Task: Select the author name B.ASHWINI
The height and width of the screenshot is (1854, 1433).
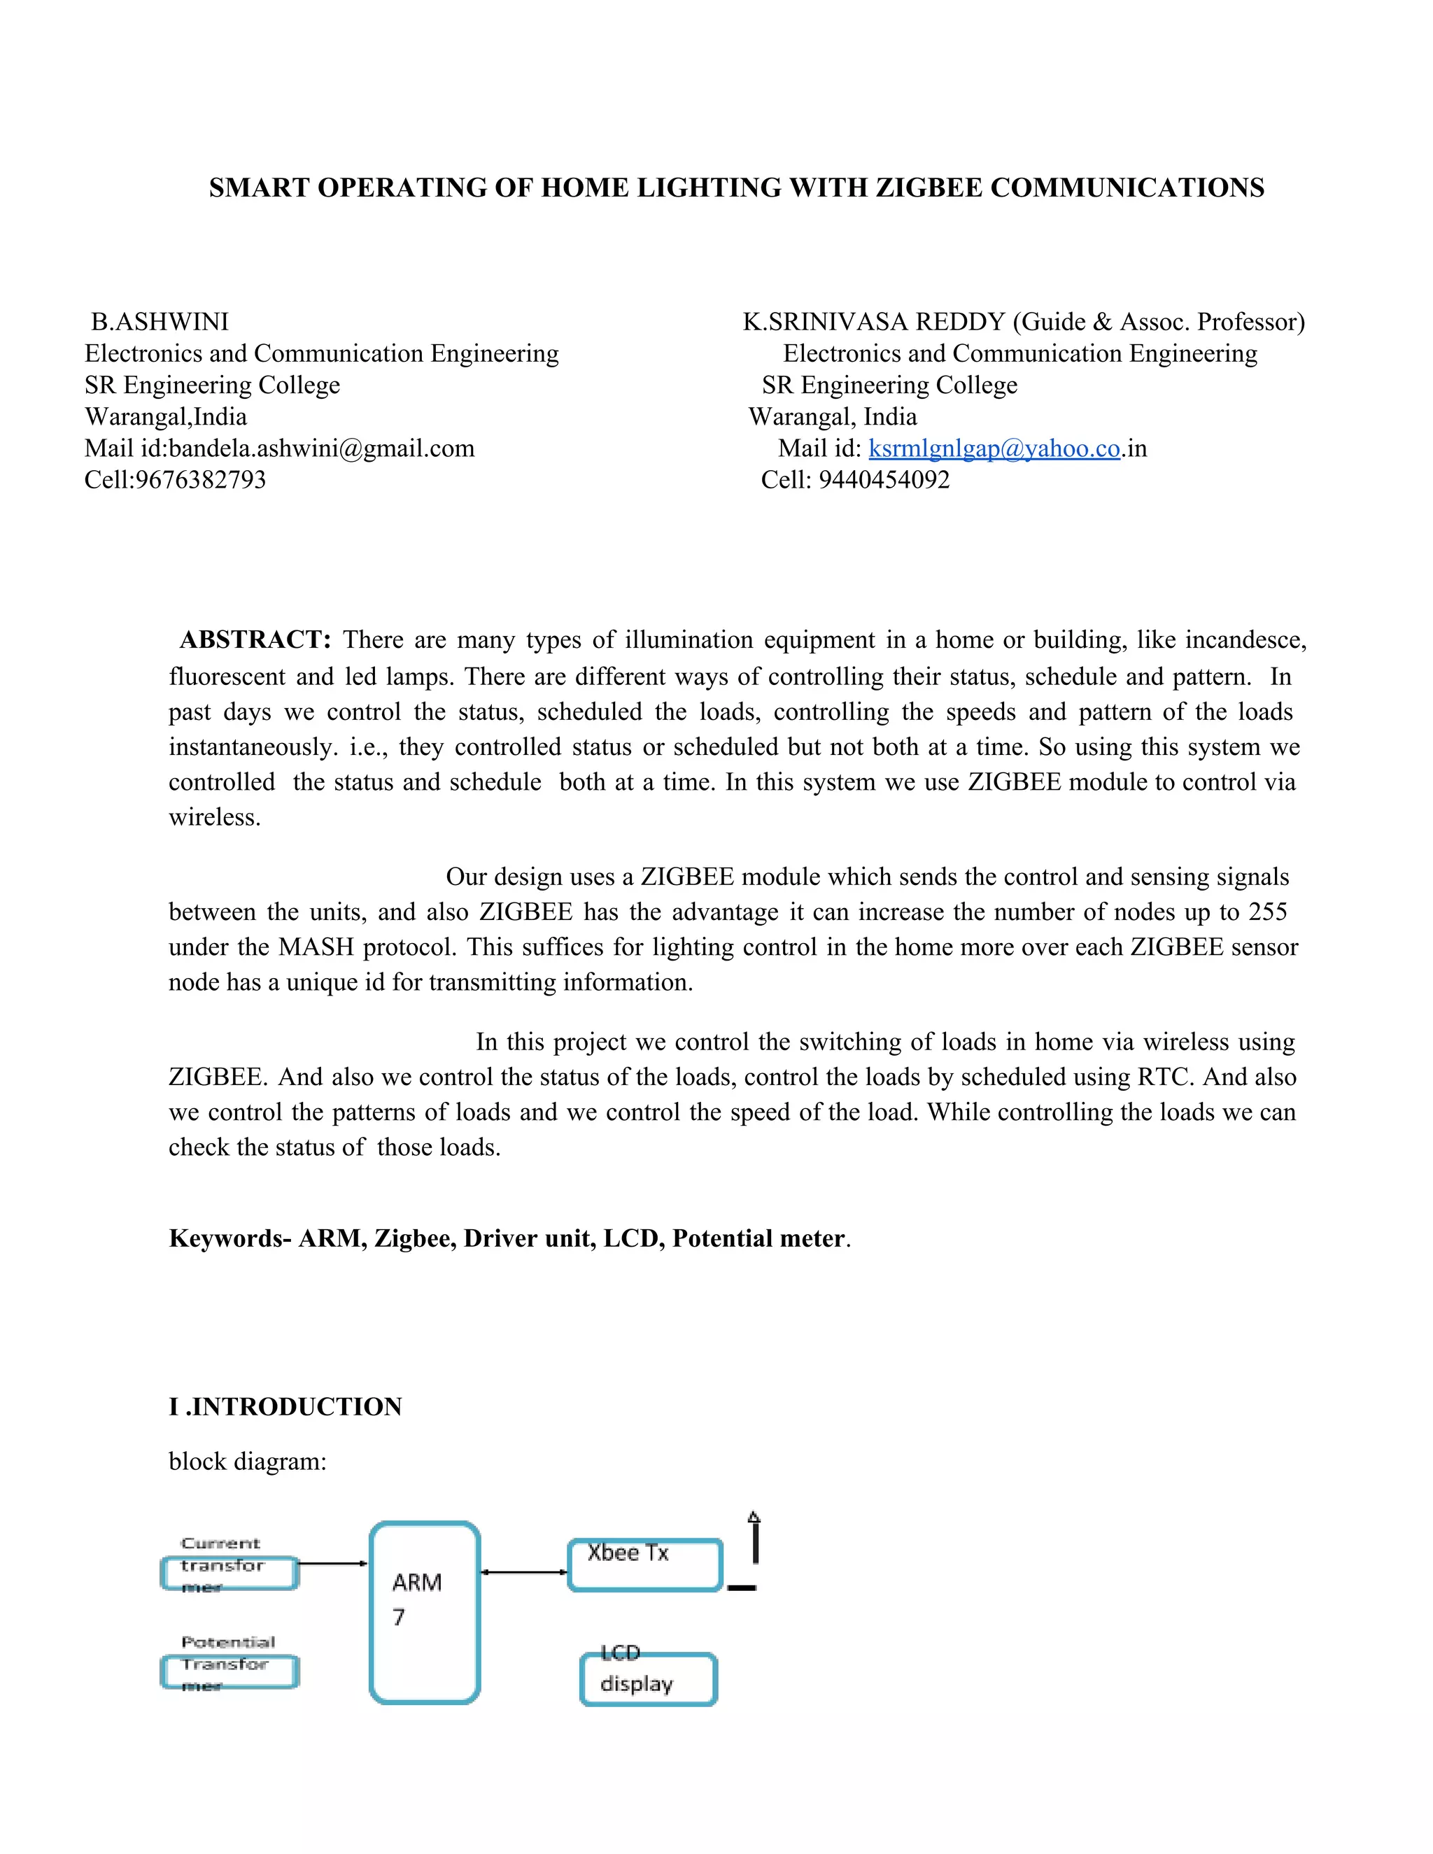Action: click(160, 322)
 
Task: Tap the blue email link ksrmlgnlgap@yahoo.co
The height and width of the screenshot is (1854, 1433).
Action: click(994, 448)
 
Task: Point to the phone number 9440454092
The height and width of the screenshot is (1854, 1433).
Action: click(884, 480)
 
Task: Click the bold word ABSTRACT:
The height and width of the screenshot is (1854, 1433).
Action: click(255, 639)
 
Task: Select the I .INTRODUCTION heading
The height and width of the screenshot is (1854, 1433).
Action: click(285, 1407)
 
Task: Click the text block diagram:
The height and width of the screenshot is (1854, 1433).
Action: click(247, 1461)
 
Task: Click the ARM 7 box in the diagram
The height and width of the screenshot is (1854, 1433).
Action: click(425, 1613)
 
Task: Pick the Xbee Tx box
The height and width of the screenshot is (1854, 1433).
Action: click(644, 1564)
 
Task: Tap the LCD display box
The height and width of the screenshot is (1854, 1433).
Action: click(649, 1678)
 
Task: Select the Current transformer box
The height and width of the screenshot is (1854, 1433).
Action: click(230, 1572)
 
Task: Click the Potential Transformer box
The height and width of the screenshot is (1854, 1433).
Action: click(230, 1671)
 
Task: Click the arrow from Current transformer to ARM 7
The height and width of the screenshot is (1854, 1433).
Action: click(333, 1563)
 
